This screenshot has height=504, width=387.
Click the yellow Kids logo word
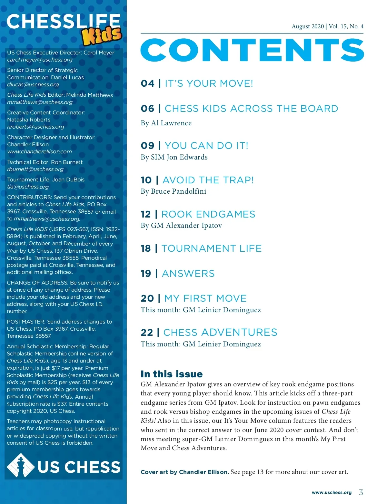(x=102, y=36)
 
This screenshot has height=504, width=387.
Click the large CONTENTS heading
(x=252, y=50)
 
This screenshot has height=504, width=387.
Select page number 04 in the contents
(x=147, y=83)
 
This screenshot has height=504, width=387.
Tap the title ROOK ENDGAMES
(x=208, y=214)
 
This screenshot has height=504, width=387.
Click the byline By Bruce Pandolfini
(x=173, y=191)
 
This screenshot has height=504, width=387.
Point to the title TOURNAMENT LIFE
(x=212, y=248)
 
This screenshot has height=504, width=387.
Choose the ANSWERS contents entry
(x=188, y=274)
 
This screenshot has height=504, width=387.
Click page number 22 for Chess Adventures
(x=147, y=333)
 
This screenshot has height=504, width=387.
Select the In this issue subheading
(x=172, y=374)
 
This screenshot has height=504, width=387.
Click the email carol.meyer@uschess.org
(x=40, y=60)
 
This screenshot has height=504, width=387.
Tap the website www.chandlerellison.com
(x=39, y=152)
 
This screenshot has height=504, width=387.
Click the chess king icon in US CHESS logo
(x=21, y=466)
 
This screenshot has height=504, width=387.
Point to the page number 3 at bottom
(x=361, y=492)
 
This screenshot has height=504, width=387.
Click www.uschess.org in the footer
(x=332, y=493)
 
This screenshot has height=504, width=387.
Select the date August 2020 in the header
(x=308, y=26)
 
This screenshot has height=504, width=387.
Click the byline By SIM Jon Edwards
(x=174, y=157)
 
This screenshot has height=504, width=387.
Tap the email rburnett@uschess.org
(x=35, y=170)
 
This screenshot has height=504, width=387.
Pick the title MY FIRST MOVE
(x=205, y=298)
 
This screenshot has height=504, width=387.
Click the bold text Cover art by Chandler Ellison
(x=184, y=472)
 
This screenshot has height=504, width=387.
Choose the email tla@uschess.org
(x=28, y=187)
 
